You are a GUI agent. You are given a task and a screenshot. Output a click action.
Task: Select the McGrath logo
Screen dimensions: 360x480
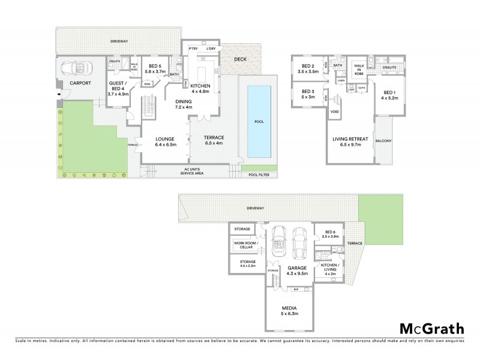pos(431,328)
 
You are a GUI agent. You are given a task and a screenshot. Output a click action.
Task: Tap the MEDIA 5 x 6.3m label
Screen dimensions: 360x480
pos(290,310)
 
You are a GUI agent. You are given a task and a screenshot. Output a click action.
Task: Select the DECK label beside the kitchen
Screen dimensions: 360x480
pos(240,59)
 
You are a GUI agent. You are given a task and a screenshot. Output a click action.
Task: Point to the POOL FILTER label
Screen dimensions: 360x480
pos(260,175)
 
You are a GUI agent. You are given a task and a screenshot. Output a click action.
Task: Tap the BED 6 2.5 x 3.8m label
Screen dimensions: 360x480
pos(332,235)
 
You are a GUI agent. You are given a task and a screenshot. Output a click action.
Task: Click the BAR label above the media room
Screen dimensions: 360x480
pos(296,290)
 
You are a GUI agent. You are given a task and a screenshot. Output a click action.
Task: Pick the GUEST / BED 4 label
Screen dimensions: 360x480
pos(116,87)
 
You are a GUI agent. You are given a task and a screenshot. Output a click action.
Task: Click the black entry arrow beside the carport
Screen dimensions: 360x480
pos(58,95)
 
